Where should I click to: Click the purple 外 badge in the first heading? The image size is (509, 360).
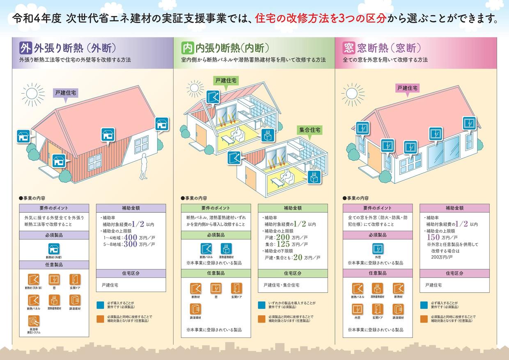[x=25, y=48]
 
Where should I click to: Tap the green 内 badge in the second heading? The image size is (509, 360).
[x=188, y=48]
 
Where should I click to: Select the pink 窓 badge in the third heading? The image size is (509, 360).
[x=349, y=48]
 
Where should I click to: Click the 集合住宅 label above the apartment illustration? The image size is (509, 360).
[x=310, y=130]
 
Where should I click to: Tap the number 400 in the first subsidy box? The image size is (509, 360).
[x=130, y=237]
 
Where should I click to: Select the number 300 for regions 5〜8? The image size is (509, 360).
[x=130, y=244]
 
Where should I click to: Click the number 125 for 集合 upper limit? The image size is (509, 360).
[x=283, y=244]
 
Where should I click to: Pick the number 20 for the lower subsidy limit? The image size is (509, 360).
[x=298, y=258]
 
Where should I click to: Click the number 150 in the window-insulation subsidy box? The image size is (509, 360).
[x=433, y=237]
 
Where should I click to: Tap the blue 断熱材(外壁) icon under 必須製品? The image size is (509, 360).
[x=54, y=249]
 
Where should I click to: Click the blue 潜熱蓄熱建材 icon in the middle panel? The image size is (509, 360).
[x=226, y=249]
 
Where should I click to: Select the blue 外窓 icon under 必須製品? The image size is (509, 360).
[x=378, y=249]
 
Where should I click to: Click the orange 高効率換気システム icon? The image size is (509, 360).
[x=34, y=321]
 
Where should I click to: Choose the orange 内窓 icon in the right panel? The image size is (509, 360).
[x=357, y=309]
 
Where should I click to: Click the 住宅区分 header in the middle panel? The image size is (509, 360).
[x=293, y=273]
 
